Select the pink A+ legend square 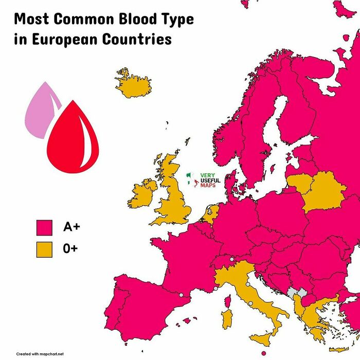point(44,227)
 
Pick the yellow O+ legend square point(44,249)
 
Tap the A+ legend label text point(71,227)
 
